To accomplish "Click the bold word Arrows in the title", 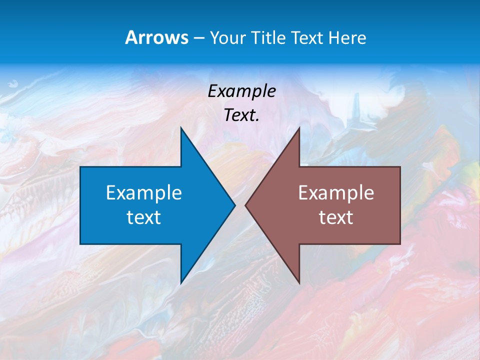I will tap(156, 37).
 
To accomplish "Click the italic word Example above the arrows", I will tap(242, 91).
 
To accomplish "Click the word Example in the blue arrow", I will tap(144, 193).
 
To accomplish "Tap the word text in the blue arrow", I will tap(144, 217).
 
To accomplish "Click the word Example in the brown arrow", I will tap(336, 193).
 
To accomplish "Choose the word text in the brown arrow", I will tap(336, 217).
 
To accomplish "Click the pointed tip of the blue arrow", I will tap(234, 205).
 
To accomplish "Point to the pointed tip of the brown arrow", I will tap(246, 205).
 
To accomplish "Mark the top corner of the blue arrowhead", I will tap(181, 128).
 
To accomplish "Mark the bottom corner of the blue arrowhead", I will tap(181, 282).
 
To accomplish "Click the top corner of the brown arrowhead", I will tap(298, 128).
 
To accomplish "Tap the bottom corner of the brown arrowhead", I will tap(298, 282).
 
